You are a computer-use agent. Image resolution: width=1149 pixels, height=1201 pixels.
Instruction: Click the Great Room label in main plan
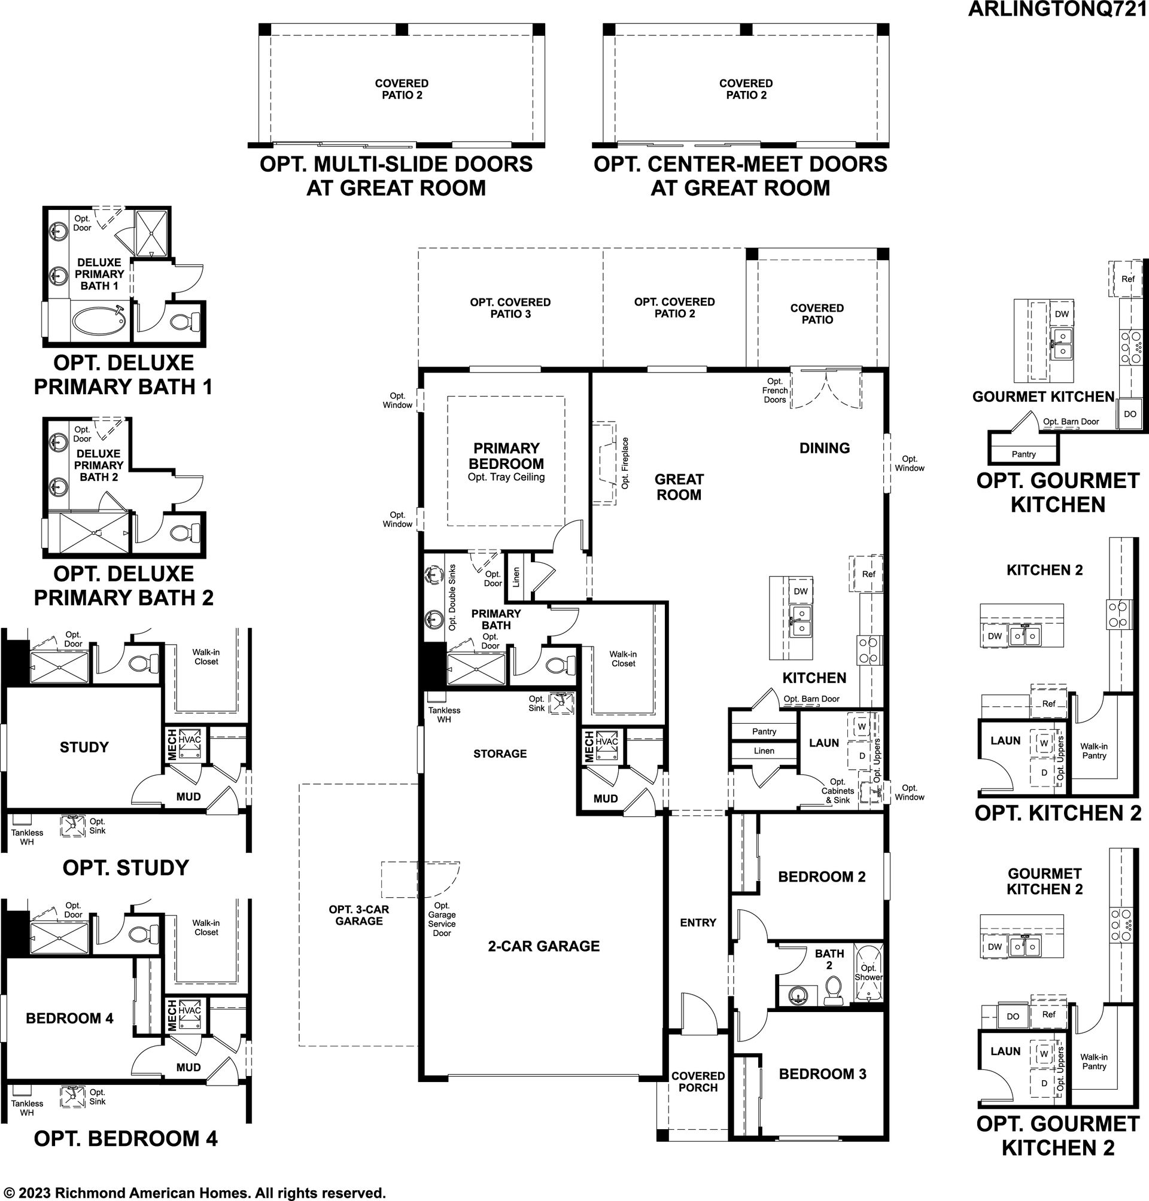679,487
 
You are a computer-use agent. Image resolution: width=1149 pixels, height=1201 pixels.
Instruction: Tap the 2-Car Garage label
543,946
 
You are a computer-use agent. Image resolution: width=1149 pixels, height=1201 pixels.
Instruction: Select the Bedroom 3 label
822,1074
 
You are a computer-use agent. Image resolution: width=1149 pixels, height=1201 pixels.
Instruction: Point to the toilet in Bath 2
832,990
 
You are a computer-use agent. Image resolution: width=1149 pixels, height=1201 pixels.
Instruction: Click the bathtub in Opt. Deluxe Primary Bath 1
99,319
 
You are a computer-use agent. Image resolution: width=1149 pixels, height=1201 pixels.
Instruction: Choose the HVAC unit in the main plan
607,746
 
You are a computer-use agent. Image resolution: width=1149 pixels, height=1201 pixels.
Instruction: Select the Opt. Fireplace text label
625,463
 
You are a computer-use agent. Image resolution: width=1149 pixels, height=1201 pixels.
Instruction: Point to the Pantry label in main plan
764,731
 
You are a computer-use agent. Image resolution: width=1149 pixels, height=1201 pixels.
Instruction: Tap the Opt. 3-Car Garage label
359,915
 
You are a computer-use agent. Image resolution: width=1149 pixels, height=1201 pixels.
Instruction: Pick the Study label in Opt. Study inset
84,747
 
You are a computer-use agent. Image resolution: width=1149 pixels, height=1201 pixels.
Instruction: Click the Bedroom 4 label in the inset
70,1018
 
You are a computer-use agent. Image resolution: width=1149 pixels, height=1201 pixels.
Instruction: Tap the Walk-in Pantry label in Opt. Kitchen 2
1094,751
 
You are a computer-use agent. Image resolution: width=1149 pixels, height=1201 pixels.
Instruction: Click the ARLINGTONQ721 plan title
1058,9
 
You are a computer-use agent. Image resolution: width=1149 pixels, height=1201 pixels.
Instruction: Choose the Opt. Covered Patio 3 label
510,308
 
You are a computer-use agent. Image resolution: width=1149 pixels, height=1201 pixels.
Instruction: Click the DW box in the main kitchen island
801,591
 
